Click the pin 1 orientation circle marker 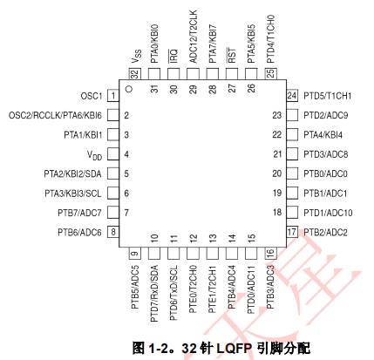point(129,89)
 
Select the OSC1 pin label point(92,96)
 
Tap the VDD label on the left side point(94,155)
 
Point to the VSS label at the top point(136,56)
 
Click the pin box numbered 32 point(135,74)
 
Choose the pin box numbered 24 point(292,96)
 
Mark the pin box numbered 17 point(292,232)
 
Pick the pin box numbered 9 point(135,253)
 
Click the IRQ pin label point(173,56)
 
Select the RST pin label point(232,55)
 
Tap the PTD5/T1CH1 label point(328,96)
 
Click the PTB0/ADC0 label point(325,173)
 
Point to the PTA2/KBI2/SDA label point(72,173)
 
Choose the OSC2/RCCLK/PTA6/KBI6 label point(55,115)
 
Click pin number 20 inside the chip point(277,173)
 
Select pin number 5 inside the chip point(126,173)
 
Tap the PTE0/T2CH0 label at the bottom point(193,289)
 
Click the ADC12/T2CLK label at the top point(193,37)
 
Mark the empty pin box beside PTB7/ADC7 point(113,213)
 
